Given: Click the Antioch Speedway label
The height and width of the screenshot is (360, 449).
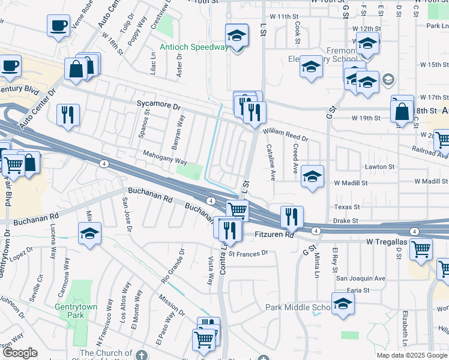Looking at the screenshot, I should (x=194, y=47).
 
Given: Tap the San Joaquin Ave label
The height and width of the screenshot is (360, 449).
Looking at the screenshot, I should (x=360, y=278).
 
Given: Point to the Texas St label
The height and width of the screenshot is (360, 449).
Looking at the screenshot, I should (x=347, y=206).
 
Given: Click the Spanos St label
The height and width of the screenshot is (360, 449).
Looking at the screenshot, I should (x=144, y=124).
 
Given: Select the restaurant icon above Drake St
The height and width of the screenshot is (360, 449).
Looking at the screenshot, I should (x=292, y=216).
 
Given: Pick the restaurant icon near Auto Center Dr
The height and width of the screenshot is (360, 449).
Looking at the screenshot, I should (x=68, y=113).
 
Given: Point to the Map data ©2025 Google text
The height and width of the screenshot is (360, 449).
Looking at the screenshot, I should (x=411, y=355).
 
